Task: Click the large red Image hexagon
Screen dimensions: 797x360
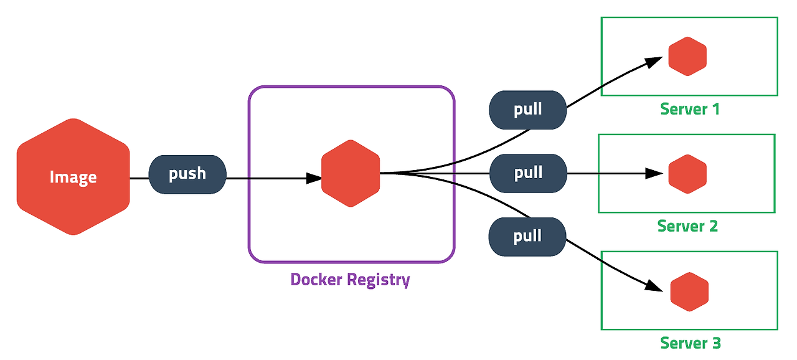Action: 73,177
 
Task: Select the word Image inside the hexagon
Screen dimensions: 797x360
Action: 73,177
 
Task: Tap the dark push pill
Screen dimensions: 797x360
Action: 187,174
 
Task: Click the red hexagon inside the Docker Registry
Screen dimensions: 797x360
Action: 351,173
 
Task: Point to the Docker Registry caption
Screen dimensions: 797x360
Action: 351,280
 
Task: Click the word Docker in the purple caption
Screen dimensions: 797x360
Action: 311,279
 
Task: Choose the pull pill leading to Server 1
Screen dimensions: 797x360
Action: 527,110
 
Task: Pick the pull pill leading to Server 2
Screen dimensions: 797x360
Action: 529,173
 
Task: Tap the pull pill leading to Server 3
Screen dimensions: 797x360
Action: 527,237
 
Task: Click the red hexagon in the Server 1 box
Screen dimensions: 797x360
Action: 687,56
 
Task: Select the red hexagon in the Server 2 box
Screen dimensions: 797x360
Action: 687,174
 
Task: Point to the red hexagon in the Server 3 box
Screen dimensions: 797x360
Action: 689,291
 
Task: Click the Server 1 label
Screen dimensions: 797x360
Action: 690,109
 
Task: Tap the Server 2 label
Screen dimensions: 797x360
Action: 687,226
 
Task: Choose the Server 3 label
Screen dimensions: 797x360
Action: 691,343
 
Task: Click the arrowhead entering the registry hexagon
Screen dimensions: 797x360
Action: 314,178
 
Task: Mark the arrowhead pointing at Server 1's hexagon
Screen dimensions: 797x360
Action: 654,62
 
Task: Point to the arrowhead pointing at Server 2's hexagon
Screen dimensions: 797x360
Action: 654,174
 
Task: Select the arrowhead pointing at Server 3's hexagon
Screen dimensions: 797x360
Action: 654,286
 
